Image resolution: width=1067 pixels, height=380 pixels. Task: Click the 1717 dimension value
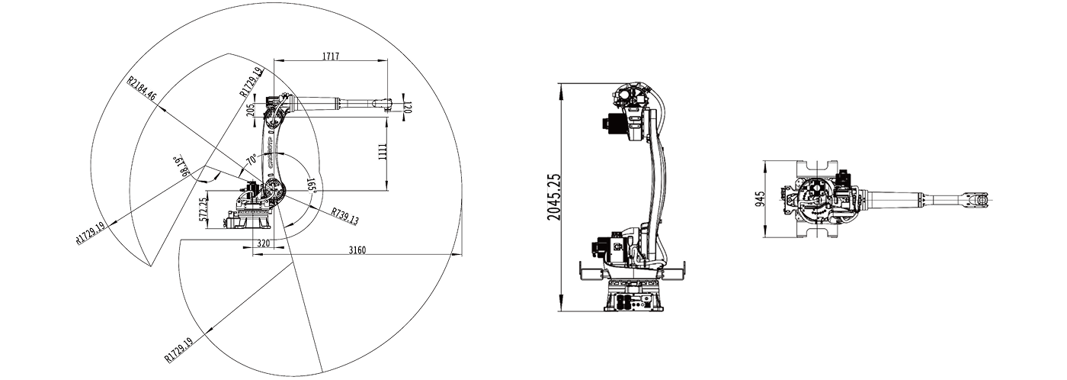pyautogui.click(x=330, y=56)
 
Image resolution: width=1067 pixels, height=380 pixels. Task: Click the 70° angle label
pyautogui.click(x=251, y=161)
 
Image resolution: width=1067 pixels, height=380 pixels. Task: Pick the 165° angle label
pyautogui.click(x=312, y=186)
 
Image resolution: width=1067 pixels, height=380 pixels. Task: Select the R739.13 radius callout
pyautogui.click(x=344, y=216)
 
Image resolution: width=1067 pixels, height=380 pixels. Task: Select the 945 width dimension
pyautogui.click(x=760, y=199)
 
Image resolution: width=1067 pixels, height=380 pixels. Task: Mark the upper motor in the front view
pyautogui.click(x=615, y=124)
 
